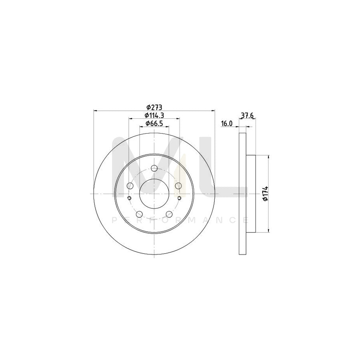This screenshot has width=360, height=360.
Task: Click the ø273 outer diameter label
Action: (154, 107)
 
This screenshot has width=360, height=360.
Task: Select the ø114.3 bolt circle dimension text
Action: (154, 116)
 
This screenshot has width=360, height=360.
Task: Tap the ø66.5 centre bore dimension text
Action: (154, 123)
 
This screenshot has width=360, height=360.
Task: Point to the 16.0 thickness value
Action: (227, 124)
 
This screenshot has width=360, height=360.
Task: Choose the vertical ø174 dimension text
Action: (264, 194)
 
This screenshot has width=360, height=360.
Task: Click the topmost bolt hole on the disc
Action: (154, 168)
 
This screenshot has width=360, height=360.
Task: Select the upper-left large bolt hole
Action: (130, 186)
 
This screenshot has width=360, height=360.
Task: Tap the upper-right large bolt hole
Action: (178, 186)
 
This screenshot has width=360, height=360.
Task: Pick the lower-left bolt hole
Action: (139, 214)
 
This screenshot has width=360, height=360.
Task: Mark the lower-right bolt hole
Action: (169, 214)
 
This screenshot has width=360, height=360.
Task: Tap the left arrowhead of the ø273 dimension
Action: (95, 110)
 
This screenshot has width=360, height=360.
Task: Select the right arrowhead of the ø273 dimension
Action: (213, 110)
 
